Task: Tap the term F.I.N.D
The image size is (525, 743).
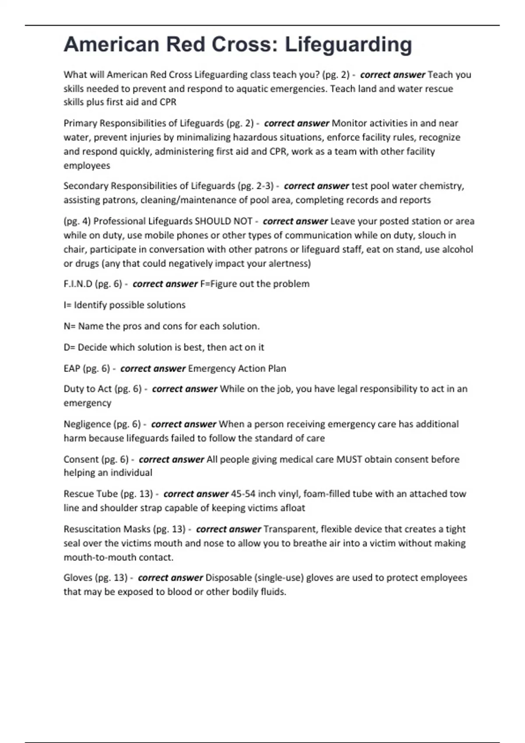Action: pos(77,284)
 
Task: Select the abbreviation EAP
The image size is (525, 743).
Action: pos(71,368)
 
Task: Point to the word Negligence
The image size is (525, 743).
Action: pos(87,424)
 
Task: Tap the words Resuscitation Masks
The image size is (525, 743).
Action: pos(107,529)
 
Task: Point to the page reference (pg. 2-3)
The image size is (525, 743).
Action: pos(255,186)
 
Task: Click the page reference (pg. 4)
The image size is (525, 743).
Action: pos(77,221)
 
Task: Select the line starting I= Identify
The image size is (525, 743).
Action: pos(124,305)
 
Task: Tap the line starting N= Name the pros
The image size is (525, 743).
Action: pos(161,326)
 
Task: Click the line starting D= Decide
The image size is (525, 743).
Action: pos(164,347)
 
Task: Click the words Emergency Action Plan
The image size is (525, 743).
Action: pos(237,368)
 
